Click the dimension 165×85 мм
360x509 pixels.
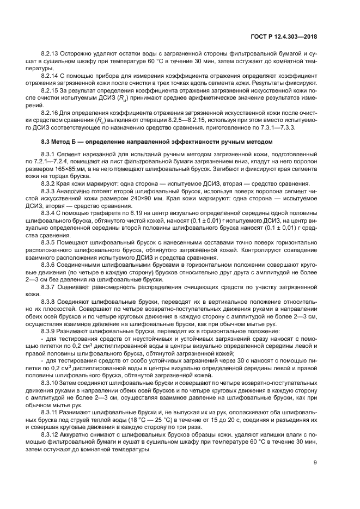pyautogui.click(x=65, y=169)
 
